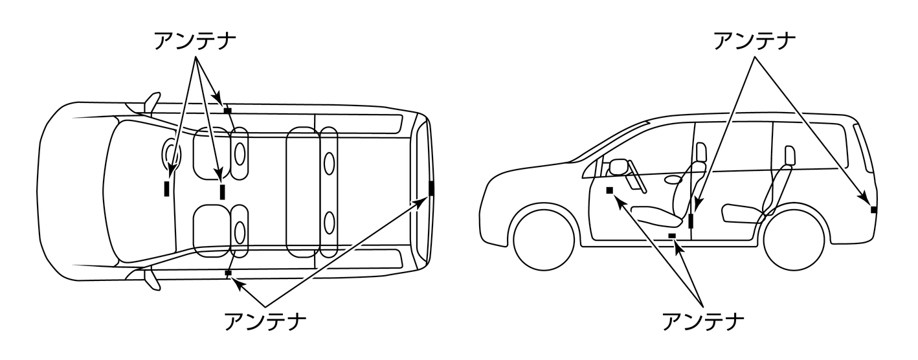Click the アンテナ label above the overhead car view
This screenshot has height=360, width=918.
point(195,41)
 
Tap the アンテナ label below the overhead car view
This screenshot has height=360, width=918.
point(265,321)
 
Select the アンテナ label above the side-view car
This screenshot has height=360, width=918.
point(754,41)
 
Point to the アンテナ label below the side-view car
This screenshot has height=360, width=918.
point(703,321)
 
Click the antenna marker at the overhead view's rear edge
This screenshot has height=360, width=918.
point(431,188)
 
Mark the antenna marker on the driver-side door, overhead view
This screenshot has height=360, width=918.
point(228,110)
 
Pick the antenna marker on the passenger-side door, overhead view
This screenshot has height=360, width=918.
point(229,273)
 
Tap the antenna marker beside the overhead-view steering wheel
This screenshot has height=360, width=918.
point(166,188)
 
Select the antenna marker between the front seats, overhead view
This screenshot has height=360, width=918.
point(222,192)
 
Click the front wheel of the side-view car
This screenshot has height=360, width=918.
point(543,240)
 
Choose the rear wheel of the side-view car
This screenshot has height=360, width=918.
point(794,240)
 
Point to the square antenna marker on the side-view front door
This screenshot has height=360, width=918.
point(609,190)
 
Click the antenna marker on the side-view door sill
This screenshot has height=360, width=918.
point(672,235)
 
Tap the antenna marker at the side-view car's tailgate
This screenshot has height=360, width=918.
point(874,210)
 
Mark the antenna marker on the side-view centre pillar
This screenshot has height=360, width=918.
point(691,221)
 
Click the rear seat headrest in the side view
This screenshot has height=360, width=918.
point(790,157)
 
